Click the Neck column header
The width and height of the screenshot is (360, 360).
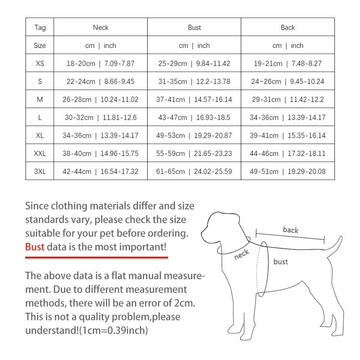[x=100, y=27]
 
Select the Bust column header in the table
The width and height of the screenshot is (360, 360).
[x=194, y=27]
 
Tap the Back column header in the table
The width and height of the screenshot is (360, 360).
[x=288, y=27]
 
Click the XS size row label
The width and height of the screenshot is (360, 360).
[x=40, y=63]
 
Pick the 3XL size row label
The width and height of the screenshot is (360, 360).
[x=40, y=171]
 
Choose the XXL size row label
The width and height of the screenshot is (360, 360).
[x=40, y=153]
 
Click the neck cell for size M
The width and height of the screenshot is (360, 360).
[x=100, y=99]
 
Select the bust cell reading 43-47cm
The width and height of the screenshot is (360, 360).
[x=194, y=117]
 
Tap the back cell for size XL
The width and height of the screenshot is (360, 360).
[x=288, y=135]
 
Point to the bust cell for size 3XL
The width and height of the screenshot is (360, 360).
[x=194, y=171]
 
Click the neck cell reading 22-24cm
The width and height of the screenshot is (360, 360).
[x=100, y=81]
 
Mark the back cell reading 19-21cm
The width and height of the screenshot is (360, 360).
[x=288, y=63]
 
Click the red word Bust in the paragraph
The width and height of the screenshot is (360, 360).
[x=34, y=247]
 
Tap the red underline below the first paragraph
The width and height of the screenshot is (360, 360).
[x=96, y=257]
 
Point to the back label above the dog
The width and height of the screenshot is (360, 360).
[x=291, y=229]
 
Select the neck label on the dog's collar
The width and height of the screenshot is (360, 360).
[x=241, y=255]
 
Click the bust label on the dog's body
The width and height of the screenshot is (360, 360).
[x=280, y=262]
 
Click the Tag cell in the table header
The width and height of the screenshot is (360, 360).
[x=40, y=27]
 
